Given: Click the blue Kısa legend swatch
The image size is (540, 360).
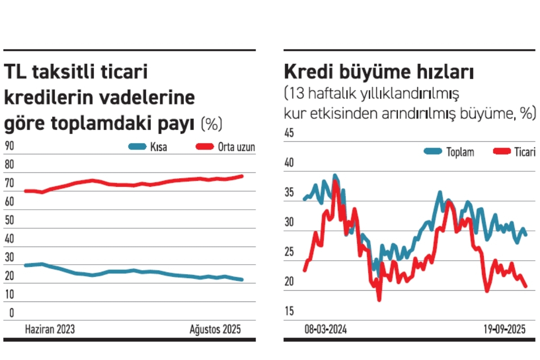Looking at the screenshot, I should [137, 147].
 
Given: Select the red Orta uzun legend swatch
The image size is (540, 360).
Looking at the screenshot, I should [206, 147].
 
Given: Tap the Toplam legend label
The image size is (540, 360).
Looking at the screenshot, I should [460, 152].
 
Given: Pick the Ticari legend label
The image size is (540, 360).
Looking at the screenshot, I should [525, 152].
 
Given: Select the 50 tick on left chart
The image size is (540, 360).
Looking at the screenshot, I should [9, 220].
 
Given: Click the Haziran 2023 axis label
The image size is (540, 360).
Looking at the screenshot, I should [49, 329].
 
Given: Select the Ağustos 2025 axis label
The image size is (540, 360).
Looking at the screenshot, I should [215, 329].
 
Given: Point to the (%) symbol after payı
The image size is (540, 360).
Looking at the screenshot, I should [211, 124].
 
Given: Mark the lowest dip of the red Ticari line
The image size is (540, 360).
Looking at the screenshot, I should [379, 300].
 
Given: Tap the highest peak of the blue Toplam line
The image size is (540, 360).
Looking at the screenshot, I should [335, 175].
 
